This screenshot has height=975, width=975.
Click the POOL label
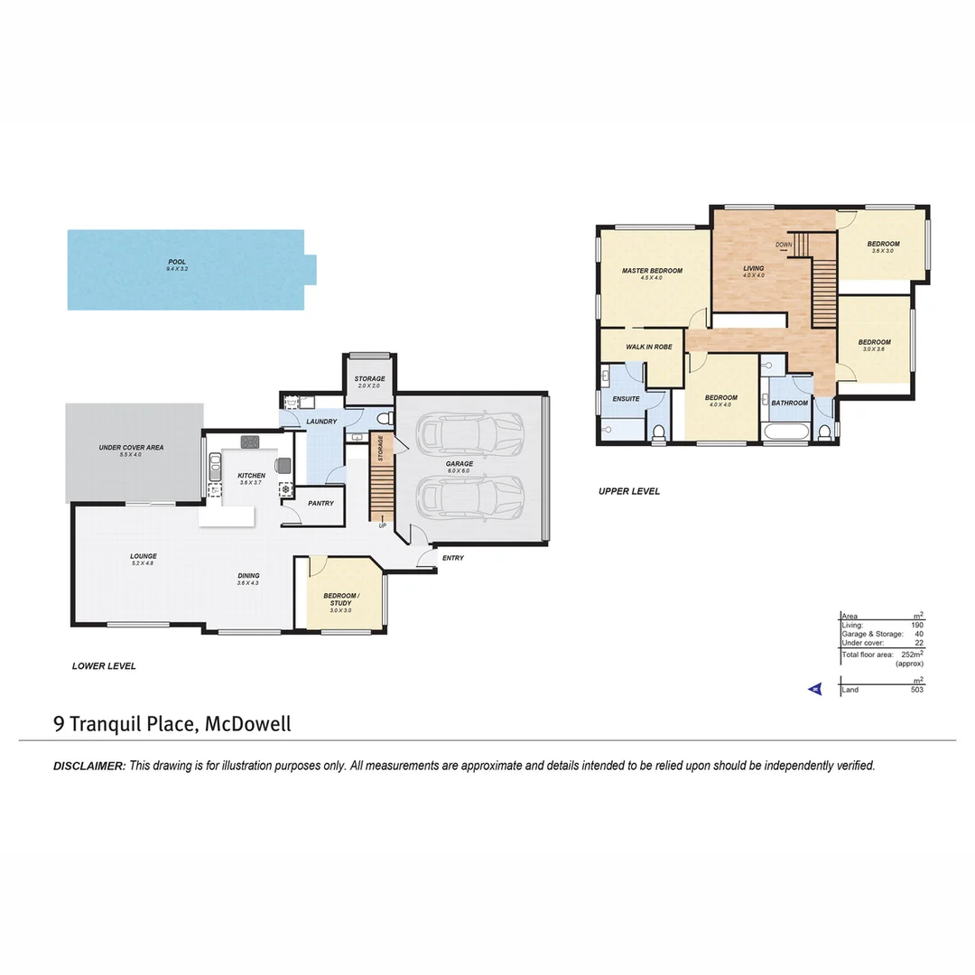pos(176,262)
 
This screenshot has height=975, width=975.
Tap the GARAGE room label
pos(460,464)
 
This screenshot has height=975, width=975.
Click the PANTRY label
pos(320,504)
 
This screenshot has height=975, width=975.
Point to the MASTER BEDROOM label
pos(652,271)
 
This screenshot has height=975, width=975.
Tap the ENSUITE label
pos(626,399)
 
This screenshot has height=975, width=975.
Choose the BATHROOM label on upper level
pos(789,403)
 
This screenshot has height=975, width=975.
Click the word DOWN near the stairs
pos(784,245)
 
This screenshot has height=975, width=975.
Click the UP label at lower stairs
pos(383,525)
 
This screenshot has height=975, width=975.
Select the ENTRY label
pos(453,558)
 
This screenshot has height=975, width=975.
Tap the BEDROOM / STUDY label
pos(341,599)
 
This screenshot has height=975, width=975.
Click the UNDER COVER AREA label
pos(131,448)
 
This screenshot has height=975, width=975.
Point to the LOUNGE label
pos(144,556)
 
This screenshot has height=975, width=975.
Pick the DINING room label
pos(248,576)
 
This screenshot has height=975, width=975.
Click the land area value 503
pos(915,690)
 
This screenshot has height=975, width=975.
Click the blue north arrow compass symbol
pos(813,689)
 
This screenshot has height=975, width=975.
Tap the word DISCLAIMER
pos(89,766)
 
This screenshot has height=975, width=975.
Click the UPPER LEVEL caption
pos(629,491)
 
